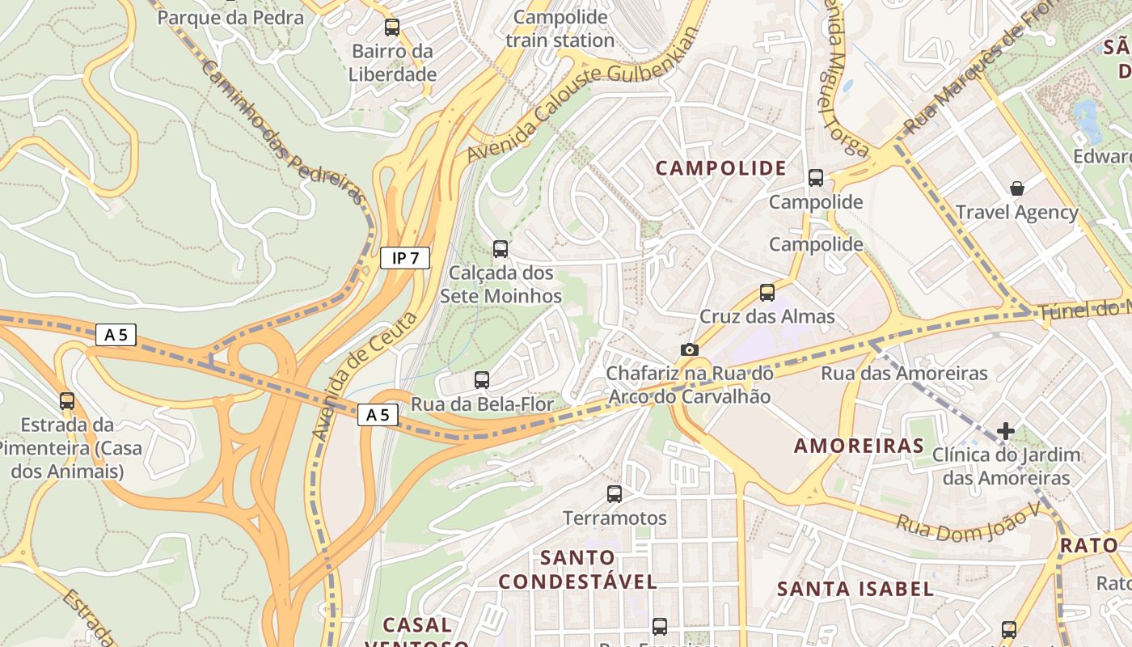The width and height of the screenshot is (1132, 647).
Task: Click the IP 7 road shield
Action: (404, 258)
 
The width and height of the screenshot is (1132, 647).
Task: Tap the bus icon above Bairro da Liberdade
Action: (392, 27)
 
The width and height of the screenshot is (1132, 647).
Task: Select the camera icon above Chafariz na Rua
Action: (689, 349)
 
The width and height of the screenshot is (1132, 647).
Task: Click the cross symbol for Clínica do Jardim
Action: (1005, 431)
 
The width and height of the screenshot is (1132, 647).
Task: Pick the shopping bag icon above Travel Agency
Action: (1017, 188)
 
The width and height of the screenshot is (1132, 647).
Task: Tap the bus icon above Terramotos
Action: (615, 493)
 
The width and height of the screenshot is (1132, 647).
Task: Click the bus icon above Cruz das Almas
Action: (767, 293)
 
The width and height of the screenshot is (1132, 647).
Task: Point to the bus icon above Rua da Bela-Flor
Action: (482, 379)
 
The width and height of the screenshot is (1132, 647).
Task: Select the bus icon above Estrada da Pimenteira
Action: (67, 400)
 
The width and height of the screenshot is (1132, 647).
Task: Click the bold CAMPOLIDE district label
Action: (720, 168)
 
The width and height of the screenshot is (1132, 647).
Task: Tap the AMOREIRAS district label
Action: (859, 446)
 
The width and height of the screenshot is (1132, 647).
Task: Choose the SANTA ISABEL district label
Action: (855, 589)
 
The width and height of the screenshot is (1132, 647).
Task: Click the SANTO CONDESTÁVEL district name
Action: (578, 569)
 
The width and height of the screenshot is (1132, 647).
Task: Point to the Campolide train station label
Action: (560, 28)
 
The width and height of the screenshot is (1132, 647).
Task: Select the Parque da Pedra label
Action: (230, 17)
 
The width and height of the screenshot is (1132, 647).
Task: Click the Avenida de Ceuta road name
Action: (365, 377)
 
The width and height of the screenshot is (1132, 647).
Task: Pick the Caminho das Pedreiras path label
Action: (282, 133)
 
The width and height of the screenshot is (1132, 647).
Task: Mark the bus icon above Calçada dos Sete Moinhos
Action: (501, 248)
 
